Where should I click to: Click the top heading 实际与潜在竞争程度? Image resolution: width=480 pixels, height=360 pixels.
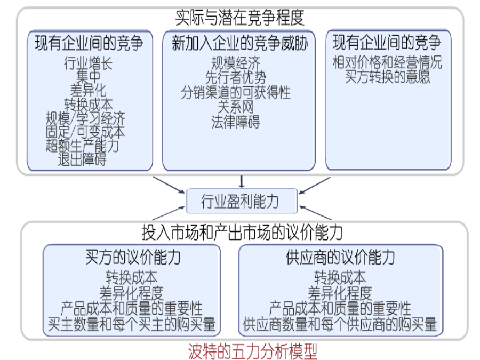[x=239, y=17]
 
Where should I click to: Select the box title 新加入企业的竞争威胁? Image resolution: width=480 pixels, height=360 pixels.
[x=239, y=43]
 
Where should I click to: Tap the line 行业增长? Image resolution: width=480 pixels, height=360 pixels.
[x=88, y=63]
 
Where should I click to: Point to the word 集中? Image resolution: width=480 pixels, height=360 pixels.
[x=88, y=76]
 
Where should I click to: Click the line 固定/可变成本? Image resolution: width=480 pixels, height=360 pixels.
[x=85, y=132]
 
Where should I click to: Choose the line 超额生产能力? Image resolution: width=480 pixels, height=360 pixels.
[x=82, y=146]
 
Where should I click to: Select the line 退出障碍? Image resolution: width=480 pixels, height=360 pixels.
[x=82, y=159]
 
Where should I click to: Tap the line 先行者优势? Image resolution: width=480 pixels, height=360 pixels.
[x=235, y=77]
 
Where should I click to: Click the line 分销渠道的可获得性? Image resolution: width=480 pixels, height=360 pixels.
[x=235, y=92]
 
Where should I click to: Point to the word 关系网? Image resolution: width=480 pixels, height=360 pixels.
[x=235, y=107]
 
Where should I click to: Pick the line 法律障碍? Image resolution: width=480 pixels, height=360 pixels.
[x=235, y=122]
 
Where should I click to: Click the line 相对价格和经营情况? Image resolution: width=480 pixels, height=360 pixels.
[x=387, y=62]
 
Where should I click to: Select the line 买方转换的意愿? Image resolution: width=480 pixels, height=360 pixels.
[x=387, y=76]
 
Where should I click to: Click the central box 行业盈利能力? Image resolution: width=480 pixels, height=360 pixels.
[x=242, y=201]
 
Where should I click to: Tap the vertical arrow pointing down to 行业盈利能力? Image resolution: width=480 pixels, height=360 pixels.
[x=242, y=181]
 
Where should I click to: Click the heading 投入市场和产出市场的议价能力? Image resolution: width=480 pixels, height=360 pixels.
[x=242, y=233]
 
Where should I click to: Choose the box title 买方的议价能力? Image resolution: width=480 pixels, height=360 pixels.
[x=133, y=257]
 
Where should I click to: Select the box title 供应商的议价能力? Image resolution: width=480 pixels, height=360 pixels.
[x=340, y=257]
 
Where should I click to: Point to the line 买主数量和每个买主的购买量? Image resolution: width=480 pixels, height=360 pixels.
[x=132, y=324]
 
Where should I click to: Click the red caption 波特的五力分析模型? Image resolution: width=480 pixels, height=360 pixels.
[x=253, y=351]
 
